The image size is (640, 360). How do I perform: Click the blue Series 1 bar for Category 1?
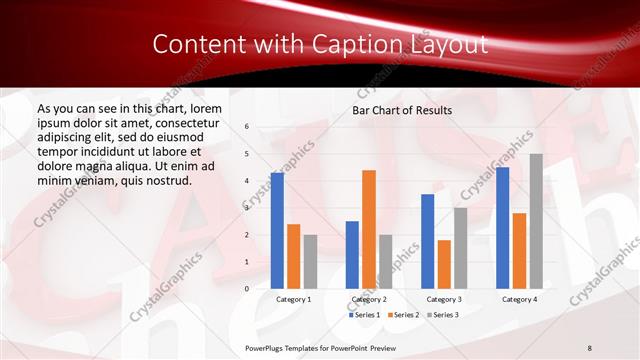click(277, 231)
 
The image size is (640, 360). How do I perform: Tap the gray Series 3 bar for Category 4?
click(536, 221)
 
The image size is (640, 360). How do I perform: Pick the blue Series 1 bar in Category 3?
click(427, 241)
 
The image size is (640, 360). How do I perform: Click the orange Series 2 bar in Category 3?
click(443, 264)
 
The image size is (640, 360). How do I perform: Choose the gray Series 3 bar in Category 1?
click(310, 262)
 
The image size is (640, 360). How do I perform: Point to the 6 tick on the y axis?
click(247, 127)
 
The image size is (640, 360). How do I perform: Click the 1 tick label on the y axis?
click(247, 262)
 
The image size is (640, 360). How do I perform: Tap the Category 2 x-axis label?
click(368, 299)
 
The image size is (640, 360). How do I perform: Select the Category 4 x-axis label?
click(519, 299)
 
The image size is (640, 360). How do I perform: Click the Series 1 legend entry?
click(364, 315)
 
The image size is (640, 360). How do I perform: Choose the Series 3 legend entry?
click(442, 315)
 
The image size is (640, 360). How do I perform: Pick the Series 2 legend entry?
click(403, 315)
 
